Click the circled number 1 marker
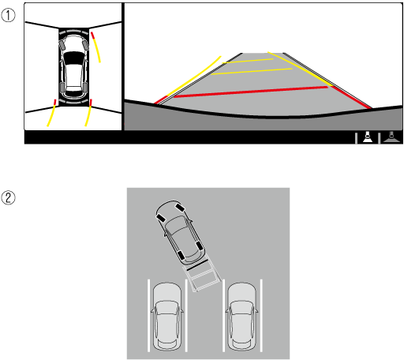tap(8, 15)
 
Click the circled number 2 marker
tap(8, 197)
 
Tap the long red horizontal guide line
tap(251, 92)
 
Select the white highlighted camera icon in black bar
tap(368, 137)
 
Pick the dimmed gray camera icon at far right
tap(391, 137)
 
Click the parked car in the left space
tap(167, 317)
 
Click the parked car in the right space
tap(241, 317)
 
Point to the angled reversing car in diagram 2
tap(180, 232)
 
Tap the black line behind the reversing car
tap(196, 265)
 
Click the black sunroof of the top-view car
tap(74, 57)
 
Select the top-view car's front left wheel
tap(62, 45)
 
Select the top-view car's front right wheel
tap(85, 45)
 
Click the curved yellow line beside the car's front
tap(96, 48)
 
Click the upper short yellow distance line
tap(248, 61)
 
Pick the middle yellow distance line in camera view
tap(252, 72)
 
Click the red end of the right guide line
tap(351, 97)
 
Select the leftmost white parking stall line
tap(148, 316)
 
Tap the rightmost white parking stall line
tap(261, 316)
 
